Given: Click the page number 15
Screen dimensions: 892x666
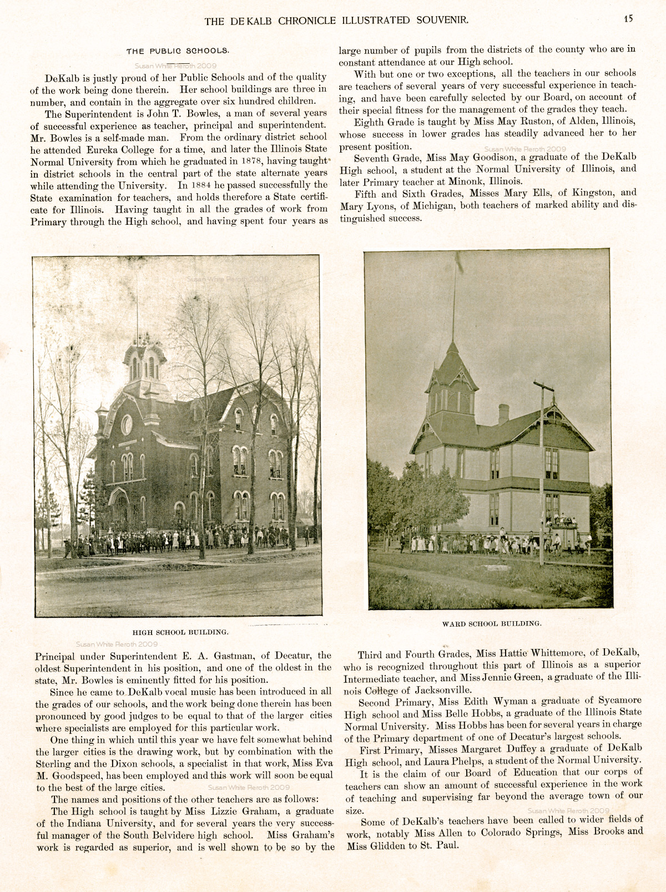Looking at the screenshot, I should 628,19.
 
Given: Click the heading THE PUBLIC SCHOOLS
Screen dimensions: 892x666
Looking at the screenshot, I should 178,51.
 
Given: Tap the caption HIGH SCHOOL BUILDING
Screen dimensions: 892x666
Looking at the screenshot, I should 180,632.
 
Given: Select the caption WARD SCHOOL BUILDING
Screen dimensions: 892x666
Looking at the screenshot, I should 492,624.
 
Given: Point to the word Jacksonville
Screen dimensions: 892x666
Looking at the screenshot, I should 442,690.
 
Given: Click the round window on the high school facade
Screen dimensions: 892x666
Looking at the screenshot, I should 127,425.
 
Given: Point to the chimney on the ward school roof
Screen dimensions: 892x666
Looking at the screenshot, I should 503,414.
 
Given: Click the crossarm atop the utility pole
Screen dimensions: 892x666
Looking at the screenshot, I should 544,386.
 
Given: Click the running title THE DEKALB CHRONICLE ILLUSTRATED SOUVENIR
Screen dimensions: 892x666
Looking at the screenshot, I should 336,21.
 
